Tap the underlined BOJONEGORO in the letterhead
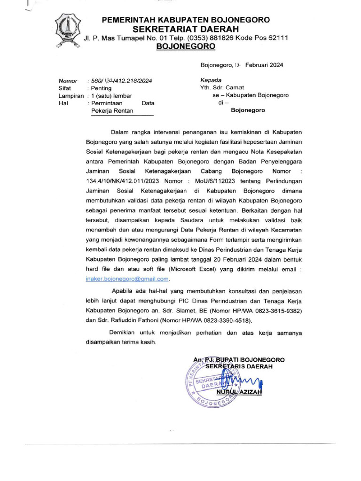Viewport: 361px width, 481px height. pos(186,47)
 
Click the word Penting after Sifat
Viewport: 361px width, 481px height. pos(102,88)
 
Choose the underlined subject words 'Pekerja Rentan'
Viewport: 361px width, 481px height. pos(112,111)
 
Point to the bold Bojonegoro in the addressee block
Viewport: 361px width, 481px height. pos(248,110)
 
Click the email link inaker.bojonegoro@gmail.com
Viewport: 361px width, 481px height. pos(127,279)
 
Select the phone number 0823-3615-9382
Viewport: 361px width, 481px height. pos(275,310)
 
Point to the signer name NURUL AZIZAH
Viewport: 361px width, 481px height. pos(239,392)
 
